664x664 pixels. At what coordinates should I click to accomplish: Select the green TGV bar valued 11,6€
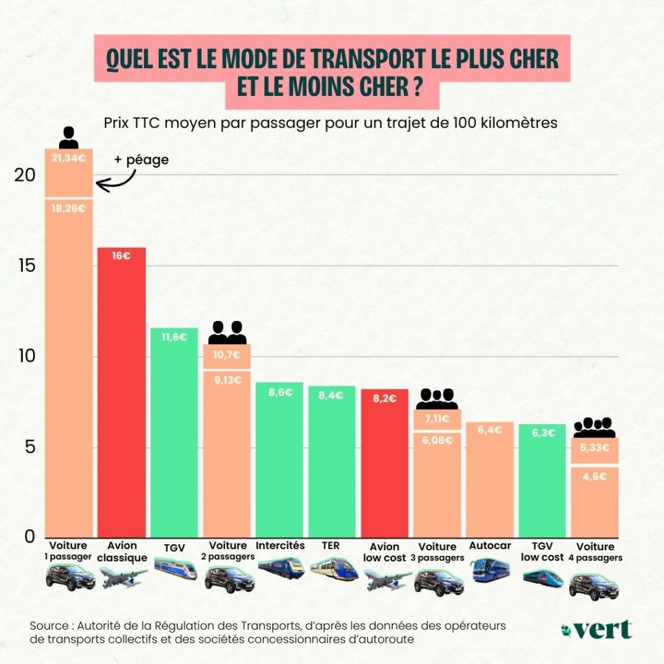pos(174,434)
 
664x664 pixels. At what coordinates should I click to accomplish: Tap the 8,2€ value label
pos(385,399)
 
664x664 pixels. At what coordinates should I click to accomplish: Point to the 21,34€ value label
pos(69,156)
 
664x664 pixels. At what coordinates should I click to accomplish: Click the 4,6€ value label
pos(594,477)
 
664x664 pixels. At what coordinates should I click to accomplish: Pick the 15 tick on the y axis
pos(26,266)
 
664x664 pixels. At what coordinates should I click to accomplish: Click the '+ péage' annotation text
pos(141,159)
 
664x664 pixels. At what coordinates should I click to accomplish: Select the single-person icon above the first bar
pos(69,137)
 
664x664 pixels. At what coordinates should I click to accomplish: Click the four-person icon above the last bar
pos(594,427)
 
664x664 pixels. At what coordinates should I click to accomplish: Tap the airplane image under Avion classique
pos(123,576)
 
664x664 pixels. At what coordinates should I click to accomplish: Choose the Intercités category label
pos(280,545)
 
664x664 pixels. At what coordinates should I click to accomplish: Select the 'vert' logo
pos(597,629)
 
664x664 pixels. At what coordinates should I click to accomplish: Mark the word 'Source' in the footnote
pos(49,626)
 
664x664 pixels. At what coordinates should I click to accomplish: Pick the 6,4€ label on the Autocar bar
pos(490,430)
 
